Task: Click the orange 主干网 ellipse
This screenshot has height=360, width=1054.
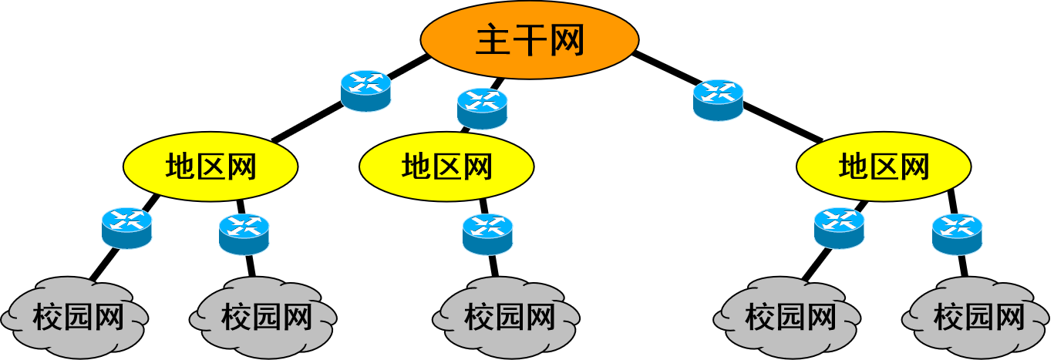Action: [530, 39]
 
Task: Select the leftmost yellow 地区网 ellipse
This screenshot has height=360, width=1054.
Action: [210, 167]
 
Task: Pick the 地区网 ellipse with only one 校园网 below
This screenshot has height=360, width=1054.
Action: [446, 167]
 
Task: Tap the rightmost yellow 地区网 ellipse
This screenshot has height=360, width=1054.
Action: [884, 167]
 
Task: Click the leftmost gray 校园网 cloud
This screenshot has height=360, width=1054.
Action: [75, 317]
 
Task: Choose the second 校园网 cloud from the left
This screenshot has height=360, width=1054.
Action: [263, 317]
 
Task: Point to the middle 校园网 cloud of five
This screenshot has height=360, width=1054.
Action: [507, 317]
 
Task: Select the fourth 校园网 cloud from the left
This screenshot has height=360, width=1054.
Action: [786, 317]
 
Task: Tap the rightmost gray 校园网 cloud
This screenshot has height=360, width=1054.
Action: [975, 317]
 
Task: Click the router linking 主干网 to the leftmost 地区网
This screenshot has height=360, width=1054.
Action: [365, 91]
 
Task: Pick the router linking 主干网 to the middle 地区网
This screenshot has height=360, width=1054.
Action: [483, 109]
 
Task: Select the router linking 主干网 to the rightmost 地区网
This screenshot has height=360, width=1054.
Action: [718, 99]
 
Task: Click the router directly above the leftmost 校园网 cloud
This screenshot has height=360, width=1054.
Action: [126, 228]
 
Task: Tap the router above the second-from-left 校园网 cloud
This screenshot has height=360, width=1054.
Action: [244, 234]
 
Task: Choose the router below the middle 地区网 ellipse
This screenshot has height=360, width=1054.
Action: [487, 234]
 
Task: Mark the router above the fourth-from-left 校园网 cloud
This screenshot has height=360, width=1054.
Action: [839, 228]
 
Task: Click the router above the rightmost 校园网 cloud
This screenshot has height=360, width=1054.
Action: [957, 234]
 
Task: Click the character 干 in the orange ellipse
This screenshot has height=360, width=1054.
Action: [530, 40]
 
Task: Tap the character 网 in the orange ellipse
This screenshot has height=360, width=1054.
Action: [567, 40]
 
